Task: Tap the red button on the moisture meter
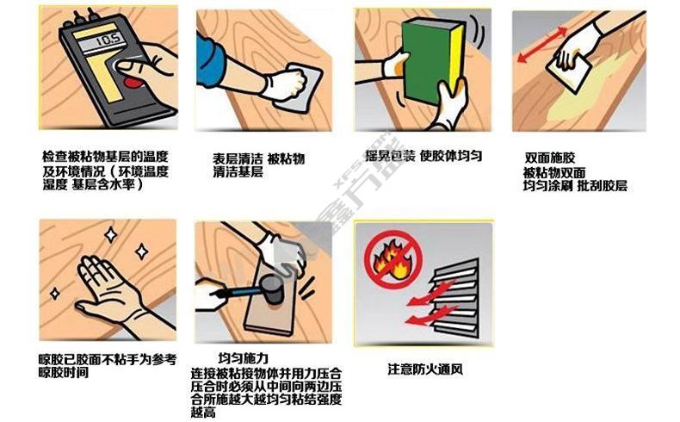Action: click(133, 82)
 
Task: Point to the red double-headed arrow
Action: click(542, 45)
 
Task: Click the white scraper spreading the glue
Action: click(569, 71)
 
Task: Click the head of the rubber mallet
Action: click(273, 289)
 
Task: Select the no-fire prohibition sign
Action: click(393, 259)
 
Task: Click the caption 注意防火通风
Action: click(425, 369)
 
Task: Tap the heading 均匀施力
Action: click(244, 358)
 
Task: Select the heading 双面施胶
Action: click(550, 157)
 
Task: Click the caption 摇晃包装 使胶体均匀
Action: click(423, 156)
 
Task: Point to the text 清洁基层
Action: click(238, 172)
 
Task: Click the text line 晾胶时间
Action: click(64, 373)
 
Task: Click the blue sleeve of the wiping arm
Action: click(210, 62)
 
